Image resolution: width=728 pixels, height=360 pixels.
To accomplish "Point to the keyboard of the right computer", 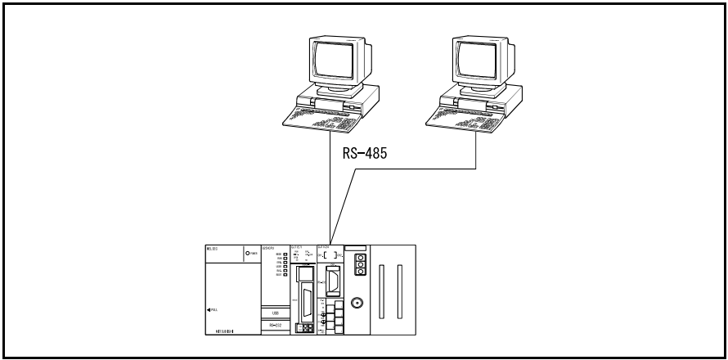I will [470, 121].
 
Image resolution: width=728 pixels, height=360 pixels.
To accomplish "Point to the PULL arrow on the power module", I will [213, 309].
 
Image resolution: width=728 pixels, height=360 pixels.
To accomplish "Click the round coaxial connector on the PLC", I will [356, 302].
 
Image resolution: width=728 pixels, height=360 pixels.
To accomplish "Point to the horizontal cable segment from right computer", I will [417, 169].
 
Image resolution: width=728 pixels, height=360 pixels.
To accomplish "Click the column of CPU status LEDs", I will [285, 263].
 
